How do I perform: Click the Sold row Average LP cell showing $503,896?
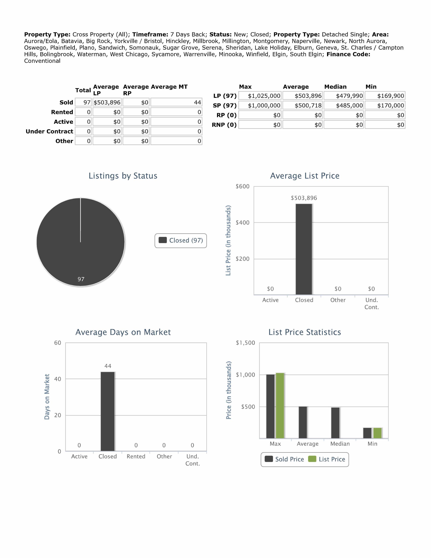point(107,102)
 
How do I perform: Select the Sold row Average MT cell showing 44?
point(176,102)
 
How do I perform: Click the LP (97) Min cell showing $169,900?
point(385,96)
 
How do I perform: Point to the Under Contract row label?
point(49,131)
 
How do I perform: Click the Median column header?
point(335,87)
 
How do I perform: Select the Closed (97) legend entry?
point(181,240)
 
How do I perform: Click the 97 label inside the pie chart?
point(81,279)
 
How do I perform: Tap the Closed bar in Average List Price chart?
point(304,249)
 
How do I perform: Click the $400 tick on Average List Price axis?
point(243,223)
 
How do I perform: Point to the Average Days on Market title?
point(123,332)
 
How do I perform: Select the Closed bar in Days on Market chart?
point(108,411)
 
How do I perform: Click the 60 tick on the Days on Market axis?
point(58,343)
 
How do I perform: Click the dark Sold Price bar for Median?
point(335,423)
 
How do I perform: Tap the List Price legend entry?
point(327,459)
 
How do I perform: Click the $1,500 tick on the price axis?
point(245,343)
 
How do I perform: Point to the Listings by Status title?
point(123,176)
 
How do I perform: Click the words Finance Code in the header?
point(348,54)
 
